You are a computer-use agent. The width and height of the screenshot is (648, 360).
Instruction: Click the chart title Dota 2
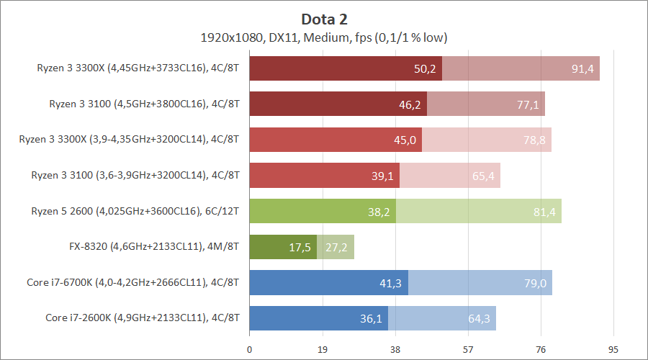point(324,19)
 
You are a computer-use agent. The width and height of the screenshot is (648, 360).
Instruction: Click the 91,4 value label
point(583,69)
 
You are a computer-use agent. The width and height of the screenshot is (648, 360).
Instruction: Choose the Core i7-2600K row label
point(143,317)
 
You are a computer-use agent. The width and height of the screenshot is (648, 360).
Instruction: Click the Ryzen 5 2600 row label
point(135,211)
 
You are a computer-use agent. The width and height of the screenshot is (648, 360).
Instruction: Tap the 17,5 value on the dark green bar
point(300,248)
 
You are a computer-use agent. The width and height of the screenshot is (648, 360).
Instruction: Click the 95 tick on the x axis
point(613,350)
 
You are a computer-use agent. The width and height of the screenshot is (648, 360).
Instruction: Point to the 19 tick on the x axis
point(323,350)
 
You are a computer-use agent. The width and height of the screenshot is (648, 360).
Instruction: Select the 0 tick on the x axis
point(250,350)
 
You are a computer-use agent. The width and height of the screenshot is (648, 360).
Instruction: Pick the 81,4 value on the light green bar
point(545,211)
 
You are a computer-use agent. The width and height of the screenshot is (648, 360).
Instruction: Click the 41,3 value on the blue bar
point(392,283)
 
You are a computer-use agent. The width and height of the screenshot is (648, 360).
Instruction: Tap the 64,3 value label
point(480,317)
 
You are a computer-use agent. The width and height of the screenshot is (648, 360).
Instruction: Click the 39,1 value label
point(383,176)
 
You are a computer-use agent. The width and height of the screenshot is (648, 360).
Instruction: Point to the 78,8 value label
point(535,140)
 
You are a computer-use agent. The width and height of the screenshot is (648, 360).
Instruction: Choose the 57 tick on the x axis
point(468,350)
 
